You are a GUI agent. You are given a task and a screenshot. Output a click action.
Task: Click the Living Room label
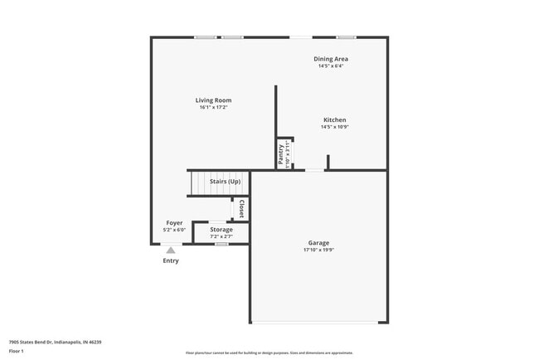pyautogui.click(x=213, y=100)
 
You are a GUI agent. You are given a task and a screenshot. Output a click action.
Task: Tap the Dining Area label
pyautogui.click(x=330, y=59)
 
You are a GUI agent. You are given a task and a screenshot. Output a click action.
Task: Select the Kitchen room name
pyautogui.click(x=334, y=119)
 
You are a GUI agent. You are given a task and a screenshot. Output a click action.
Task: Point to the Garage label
pyautogui.click(x=318, y=243)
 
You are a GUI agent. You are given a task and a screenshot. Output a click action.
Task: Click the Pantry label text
pyautogui.click(x=281, y=153)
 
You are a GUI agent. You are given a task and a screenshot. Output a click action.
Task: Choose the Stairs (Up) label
pyautogui.click(x=225, y=182)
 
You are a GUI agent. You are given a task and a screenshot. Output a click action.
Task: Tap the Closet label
pyautogui.click(x=241, y=208)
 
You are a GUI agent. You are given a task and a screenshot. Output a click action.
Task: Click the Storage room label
pyautogui.click(x=221, y=229)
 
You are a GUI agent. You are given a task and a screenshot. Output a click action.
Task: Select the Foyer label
pyautogui.click(x=174, y=223)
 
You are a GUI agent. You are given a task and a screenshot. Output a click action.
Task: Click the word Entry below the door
pyautogui.click(x=170, y=260)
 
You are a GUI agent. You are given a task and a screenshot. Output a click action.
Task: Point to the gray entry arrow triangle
pyautogui.click(x=170, y=249)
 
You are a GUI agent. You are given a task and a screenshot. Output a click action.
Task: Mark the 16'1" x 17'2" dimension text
pyautogui.click(x=213, y=107)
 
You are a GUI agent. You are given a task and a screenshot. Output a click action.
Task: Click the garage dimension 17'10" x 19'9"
pyautogui.click(x=318, y=250)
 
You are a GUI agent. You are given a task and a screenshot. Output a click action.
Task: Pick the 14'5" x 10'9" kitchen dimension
pyautogui.click(x=334, y=127)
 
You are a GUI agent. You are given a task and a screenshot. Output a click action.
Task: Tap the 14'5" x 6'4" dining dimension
pyautogui.click(x=330, y=66)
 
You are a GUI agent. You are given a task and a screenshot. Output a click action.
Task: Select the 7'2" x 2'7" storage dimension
pyautogui.click(x=221, y=236)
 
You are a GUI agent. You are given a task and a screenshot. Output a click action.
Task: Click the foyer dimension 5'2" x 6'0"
pyautogui.click(x=174, y=230)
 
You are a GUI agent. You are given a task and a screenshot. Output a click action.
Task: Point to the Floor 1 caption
pyautogui.click(x=17, y=351)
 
